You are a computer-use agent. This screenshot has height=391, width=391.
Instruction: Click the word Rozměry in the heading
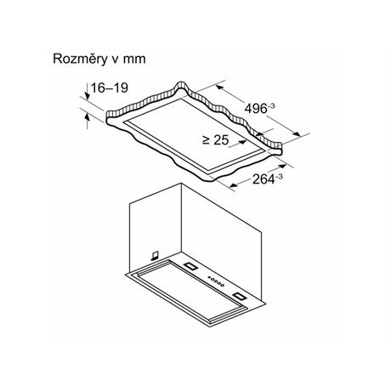coord(81,59)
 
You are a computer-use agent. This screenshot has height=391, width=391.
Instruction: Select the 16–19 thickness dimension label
coord(110,88)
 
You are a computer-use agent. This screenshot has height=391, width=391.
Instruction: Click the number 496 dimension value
coord(256,109)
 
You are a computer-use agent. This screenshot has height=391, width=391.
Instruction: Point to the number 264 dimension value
coord(263,179)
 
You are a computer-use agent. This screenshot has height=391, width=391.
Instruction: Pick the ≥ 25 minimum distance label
coord(216,139)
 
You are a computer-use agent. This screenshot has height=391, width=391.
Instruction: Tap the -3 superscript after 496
coord(271,106)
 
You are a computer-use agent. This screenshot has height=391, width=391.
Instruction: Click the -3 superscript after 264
coord(279,177)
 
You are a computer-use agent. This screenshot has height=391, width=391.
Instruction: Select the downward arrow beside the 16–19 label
coord(87,91)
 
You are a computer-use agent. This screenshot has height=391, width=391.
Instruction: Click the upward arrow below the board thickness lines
coord(88,121)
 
